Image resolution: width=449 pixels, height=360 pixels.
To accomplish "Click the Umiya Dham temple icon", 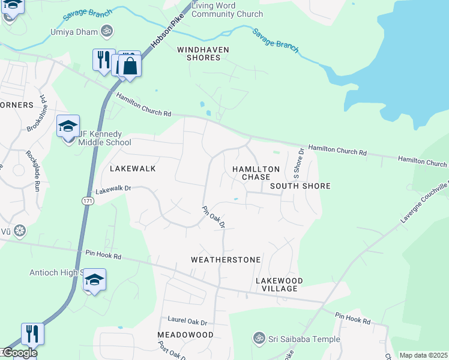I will pyautogui.click(x=107, y=30).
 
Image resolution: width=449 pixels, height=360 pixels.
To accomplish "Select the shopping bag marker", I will pyautogui.click(x=130, y=66).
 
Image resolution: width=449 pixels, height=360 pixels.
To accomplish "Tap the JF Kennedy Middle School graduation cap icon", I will pyautogui.click(x=68, y=127).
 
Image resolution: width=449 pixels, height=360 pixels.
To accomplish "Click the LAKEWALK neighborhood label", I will pyautogui.click(x=133, y=169).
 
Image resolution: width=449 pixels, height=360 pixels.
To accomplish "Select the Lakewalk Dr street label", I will pyautogui.click(x=113, y=188).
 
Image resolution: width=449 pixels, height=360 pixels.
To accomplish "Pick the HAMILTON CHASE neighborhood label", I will pyautogui.click(x=256, y=173).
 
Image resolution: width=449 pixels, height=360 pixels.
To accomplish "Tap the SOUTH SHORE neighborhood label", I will pyautogui.click(x=300, y=186).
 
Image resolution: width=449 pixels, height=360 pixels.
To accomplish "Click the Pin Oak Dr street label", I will pyautogui.click(x=213, y=217).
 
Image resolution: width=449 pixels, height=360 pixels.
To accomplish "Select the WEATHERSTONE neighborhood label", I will pyautogui.click(x=226, y=260).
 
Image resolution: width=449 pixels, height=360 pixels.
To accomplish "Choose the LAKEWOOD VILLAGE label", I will pyautogui.click(x=279, y=284).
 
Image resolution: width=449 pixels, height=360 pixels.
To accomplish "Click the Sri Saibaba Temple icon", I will pyautogui.click(x=259, y=338).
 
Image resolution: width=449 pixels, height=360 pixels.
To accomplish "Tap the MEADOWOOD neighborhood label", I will pyautogui.click(x=185, y=334).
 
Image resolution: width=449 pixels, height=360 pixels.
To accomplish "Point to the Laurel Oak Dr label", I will pyautogui.click(x=187, y=322).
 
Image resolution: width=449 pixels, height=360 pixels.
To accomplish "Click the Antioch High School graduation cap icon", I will pyautogui.click(x=94, y=280).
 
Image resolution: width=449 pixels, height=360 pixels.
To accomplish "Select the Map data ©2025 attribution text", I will pyautogui.click(x=423, y=355).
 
